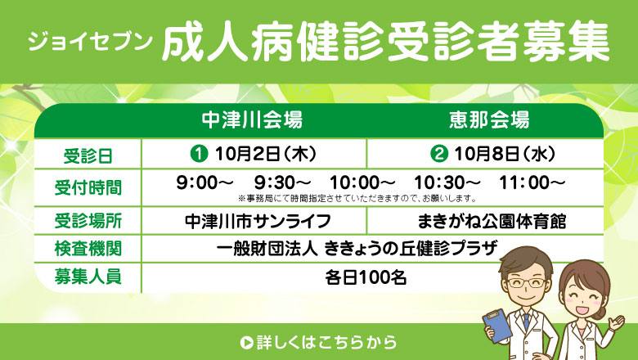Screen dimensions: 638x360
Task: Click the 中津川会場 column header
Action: click(252, 120)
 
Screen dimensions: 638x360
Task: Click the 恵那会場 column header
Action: click(489, 120)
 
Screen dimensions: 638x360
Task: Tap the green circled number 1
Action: click(200, 154)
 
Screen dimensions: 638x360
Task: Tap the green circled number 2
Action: click(439, 154)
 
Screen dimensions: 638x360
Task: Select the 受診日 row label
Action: click(88, 155)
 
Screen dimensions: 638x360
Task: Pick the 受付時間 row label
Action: click(88, 187)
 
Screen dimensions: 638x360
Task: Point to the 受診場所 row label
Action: click(88, 221)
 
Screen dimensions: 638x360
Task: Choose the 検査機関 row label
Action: click(88, 249)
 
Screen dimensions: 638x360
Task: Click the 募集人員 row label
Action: click(88, 277)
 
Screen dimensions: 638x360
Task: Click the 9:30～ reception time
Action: click(282, 182)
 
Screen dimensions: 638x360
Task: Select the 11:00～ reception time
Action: click(532, 182)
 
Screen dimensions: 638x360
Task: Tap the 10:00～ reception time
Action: click(362, 182)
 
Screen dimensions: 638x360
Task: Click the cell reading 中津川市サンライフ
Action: click(258, 221)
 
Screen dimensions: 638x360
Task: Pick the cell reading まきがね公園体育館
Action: click(492, 221)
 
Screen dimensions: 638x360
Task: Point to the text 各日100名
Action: click(366, 278)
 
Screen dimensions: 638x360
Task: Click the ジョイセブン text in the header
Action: click(90, 41)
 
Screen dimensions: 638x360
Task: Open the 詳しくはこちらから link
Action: click(318, 342)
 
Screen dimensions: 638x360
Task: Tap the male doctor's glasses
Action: click(527, 283)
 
